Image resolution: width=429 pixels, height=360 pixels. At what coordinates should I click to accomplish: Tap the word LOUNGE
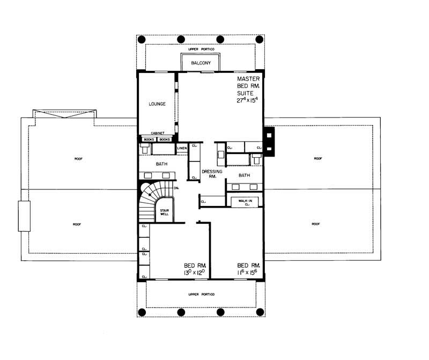coord(157,104)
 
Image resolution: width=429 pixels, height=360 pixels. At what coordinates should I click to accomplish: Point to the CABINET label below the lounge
coord(157,134)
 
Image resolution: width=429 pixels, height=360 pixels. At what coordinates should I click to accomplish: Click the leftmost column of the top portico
coord(142,39)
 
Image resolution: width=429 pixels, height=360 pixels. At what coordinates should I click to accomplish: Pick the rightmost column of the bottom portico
coord(260,312)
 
